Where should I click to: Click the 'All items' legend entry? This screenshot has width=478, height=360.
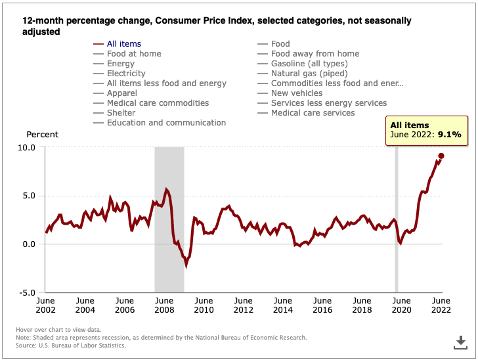pyautogui.click(x=123, y=44)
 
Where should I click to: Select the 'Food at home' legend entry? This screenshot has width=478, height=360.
pyautogui.click(x=133, y=54)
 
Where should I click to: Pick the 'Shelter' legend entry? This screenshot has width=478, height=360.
pyautogui.click(x=121, y=113)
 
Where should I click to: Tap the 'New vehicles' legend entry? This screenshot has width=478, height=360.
pyautogui.click(x=296, y=93)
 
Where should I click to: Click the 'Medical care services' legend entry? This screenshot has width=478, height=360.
pyautogui.click(x=313, y=113)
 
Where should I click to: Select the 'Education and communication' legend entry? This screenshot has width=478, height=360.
pyautogui.click(x=166, y=123)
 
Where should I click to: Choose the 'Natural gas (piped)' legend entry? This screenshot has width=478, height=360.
pyautogui.click(x=309, y=74)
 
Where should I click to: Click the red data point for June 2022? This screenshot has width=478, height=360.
pyautogui.click(x=441, y=156)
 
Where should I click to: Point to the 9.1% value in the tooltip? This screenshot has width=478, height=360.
pyautogui.click(x=450, y=135)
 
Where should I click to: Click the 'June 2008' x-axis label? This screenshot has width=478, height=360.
pyautogui.click(x=164, y=305)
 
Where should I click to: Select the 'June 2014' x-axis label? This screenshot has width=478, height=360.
pyautogui.click(x=283, y=305)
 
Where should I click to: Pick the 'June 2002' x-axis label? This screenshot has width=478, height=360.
pyautogui.click(x=45, y=305)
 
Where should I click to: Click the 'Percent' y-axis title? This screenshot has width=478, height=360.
pyautogui.click(x=42, y=135)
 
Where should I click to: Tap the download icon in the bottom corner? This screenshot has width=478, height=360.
pyautogui.click(x=460, y=342)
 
